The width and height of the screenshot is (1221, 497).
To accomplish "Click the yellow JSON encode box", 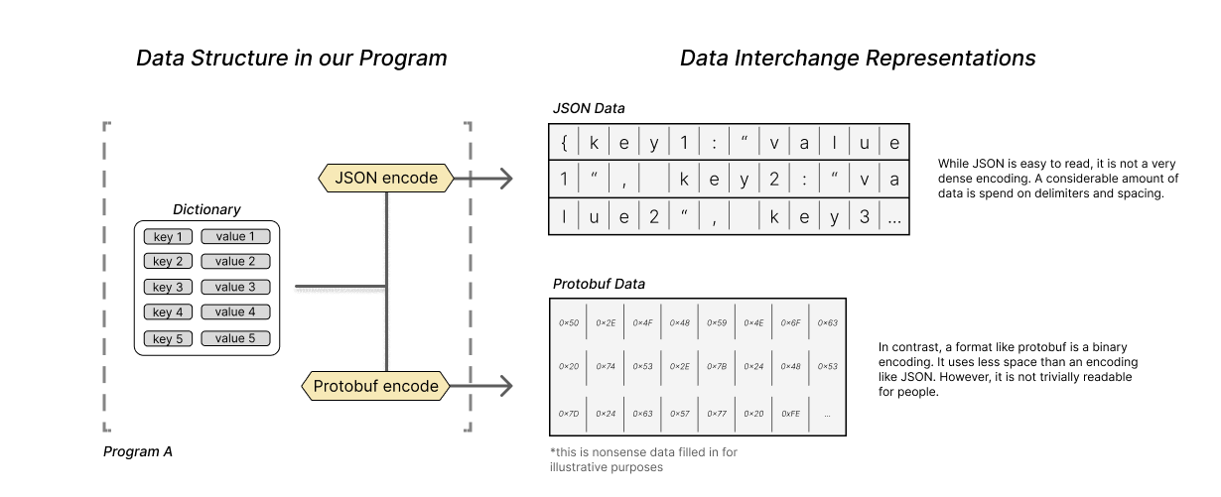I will (x=386, y=179).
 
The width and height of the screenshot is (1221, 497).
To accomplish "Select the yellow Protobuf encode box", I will (x=375, y=386).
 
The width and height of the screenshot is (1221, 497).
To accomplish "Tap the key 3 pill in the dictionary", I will (x=168, y=288).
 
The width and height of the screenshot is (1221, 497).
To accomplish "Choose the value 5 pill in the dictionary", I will (x=235, y=338).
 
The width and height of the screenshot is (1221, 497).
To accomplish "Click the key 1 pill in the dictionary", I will (x=168, y=236).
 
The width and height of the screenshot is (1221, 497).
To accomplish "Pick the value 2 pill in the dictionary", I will (x=235, y=262).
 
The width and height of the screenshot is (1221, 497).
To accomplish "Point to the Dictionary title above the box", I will (x=206, y=209).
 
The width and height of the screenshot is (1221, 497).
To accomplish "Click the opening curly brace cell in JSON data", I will (x=564, y=142).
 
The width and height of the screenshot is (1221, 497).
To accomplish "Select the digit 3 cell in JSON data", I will (x=864, y=217).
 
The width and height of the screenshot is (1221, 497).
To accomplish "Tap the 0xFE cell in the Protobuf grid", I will (x=790, y=414).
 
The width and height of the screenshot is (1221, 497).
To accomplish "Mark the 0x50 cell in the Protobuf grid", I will (x=568, y=322).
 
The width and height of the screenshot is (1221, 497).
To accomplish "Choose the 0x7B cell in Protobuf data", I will (x=717, y=367).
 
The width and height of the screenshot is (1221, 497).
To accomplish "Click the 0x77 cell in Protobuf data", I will (x=717, y=414).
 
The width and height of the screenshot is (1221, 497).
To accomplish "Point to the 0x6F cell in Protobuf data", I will (x=790, y=322).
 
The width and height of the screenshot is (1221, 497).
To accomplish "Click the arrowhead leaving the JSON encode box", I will (x=505, y=179).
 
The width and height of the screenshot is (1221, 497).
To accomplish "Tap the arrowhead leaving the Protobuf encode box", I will (x=505, y=386).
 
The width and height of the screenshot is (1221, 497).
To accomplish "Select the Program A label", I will (x=138, y=452).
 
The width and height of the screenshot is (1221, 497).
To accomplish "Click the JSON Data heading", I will (x=589, y=108).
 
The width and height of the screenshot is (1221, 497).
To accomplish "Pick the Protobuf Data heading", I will (x=599, y=284).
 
